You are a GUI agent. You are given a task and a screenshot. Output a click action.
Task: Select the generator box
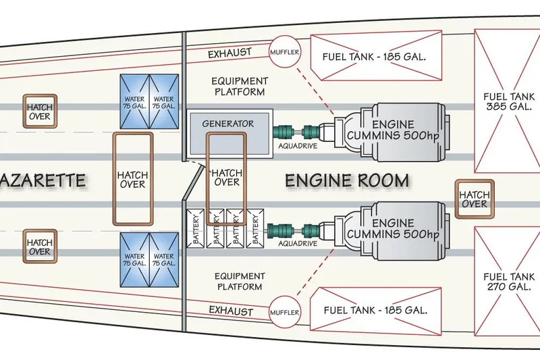tap(230, 134)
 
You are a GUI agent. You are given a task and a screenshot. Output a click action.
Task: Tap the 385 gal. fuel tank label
tap(509, 101)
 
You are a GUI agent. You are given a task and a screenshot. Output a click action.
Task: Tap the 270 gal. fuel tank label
tap(509, 282)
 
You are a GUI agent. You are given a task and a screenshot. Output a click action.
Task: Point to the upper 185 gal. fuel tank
tap(376, 55)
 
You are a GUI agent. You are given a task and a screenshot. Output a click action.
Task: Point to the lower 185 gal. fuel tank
tap(376, 311)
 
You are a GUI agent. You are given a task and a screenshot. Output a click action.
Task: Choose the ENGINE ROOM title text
tap(347, 180)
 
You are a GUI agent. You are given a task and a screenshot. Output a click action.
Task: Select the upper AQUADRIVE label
tap(298, 146)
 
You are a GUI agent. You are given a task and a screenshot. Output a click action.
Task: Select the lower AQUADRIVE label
tap(298, 244)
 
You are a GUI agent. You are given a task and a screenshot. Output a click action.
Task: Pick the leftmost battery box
tap(196, 228)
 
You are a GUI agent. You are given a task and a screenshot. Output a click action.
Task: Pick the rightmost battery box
tap(255, 228)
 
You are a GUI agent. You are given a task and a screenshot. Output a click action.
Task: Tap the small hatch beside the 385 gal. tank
tap(475, 199)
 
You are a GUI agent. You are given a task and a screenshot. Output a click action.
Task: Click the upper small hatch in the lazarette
tap(40, 111)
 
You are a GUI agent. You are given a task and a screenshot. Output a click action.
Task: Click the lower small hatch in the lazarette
tap(40, 247)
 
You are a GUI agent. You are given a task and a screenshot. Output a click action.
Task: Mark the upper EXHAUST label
tap(230, 53)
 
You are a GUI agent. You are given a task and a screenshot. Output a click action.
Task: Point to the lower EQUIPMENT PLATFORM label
tap(240, 281)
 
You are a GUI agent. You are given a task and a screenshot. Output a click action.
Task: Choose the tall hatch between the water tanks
tap(133, 179)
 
